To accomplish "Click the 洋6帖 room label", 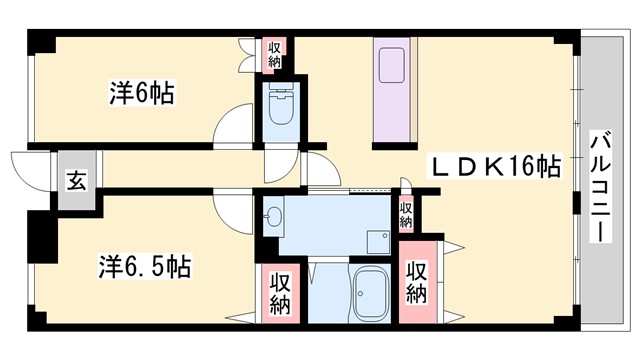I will click(x=141, y=94).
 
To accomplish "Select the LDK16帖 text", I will click(x=494, y=166).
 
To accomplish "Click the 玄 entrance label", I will click(x=76, y=181).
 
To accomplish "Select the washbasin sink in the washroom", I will click(x=275, y=214).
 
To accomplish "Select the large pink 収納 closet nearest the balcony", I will click(x=417, y=283).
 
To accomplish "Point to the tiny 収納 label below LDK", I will click(x=406, y=213).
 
